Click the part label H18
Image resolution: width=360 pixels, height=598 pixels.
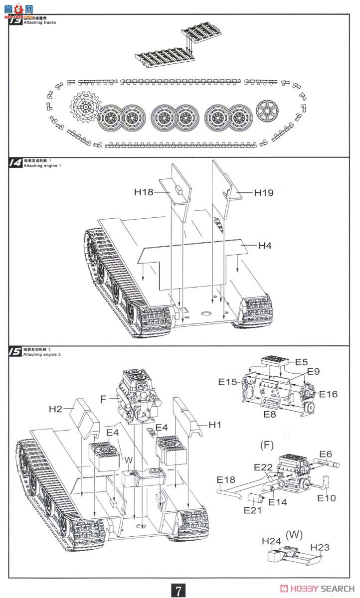[144, 191]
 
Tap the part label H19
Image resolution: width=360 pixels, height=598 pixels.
[264, 192]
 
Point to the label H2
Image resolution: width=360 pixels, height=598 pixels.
[56, 409]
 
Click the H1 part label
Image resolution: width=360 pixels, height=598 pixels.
[215, 425]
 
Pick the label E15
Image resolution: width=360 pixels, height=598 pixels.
[227, 382]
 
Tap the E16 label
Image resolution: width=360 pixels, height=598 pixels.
[328, 394]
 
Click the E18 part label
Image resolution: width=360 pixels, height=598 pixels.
[226, 479]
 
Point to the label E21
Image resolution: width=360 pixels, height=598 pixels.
[253, 510]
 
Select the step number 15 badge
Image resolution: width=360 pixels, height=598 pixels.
[15, 351]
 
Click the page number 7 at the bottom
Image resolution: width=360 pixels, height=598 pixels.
[179, 590]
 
